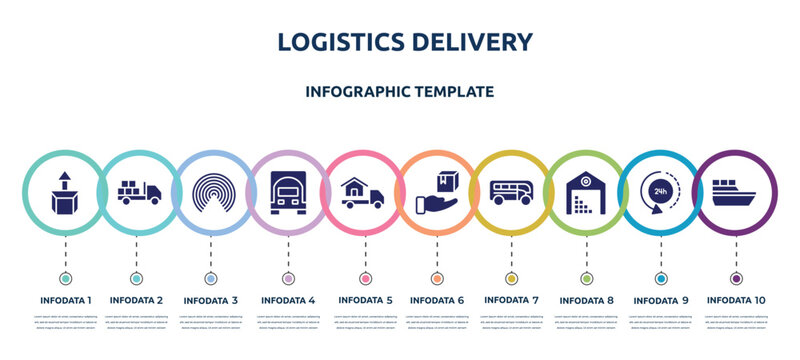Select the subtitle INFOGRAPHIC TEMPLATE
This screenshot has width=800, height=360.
[400, 91]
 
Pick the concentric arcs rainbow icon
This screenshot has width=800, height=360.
[211, 190]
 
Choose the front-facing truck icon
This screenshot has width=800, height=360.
[288, 190]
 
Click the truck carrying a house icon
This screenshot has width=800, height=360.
[362, 190]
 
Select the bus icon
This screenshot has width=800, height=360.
[512, 190]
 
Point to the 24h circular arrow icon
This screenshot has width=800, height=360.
[660, 190]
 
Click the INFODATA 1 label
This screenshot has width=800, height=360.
[66, 299]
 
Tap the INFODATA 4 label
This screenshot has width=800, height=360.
[288, 299]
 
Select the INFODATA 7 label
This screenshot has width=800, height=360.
[512, 299]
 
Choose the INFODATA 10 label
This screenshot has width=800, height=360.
[736, 299]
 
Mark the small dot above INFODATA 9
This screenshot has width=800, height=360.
[660, 278]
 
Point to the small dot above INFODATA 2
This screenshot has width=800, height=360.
[136, 278]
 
